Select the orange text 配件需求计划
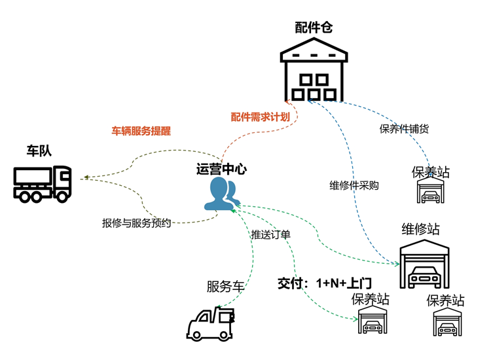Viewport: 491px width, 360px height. pos(260,117)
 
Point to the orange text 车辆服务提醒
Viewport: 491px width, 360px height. pos(141,130)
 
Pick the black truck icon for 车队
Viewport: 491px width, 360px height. pos(42,183)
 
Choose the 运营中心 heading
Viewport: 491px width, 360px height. pos(221,170)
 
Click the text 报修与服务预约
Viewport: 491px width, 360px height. pos(136,223)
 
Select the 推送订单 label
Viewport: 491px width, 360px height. pos(271,234)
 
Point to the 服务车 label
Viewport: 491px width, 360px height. pos(225,286)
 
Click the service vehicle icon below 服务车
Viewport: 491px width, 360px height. pos(211,323)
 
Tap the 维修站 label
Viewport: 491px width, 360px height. pos(420,229)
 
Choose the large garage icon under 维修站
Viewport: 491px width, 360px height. pos(424,264)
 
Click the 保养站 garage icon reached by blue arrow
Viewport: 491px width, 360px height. pos(431,190)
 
